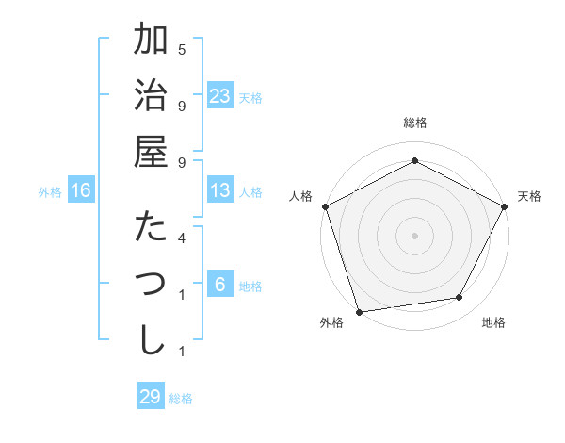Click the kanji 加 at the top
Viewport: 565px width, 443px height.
point(151,41)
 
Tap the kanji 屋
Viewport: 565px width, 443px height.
point(151,152)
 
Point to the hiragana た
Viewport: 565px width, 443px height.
point(151,227)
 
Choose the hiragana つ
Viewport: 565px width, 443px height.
point(151,284)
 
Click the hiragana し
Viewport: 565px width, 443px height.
point(151,339)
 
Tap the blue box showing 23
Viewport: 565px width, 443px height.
point(220,96)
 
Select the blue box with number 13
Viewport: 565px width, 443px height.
point(220,190)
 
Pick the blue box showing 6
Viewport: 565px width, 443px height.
point(220,285)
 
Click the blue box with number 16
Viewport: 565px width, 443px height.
point(81,190)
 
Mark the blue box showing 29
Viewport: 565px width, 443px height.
point(151,397)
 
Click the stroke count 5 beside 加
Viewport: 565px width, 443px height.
point(182,48)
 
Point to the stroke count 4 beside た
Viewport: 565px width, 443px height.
point(182,238)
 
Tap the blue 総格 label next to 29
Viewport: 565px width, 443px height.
point(181,399)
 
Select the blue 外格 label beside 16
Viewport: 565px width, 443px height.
point(50,192)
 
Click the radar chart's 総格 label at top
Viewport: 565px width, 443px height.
point(414,123)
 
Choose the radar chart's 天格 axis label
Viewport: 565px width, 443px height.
point(529,196)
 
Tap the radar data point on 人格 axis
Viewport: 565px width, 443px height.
point(326,205)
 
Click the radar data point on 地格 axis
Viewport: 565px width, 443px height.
point(460,298)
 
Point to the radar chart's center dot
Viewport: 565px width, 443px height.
point(414,235)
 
